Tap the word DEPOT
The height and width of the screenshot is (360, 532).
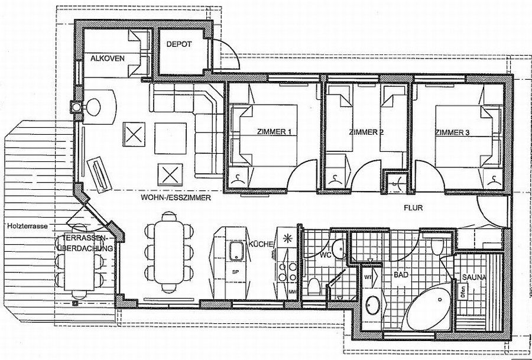[x=179, y=44]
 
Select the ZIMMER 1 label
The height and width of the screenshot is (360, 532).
[x=274, y=131]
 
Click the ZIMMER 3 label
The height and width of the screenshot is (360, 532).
[x=452, y=132]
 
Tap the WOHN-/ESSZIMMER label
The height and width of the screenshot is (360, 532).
[x=175, y=199]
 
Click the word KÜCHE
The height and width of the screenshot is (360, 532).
[x=259, y=243]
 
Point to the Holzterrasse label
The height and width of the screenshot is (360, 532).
[x=28, y=226]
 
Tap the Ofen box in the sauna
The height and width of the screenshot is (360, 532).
[x=463, y=291]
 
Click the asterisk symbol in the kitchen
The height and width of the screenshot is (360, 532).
[x=287, y=239]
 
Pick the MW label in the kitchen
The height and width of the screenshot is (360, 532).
[x=291, y=292]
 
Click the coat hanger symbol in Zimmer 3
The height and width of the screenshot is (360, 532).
[x=492, y=179]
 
